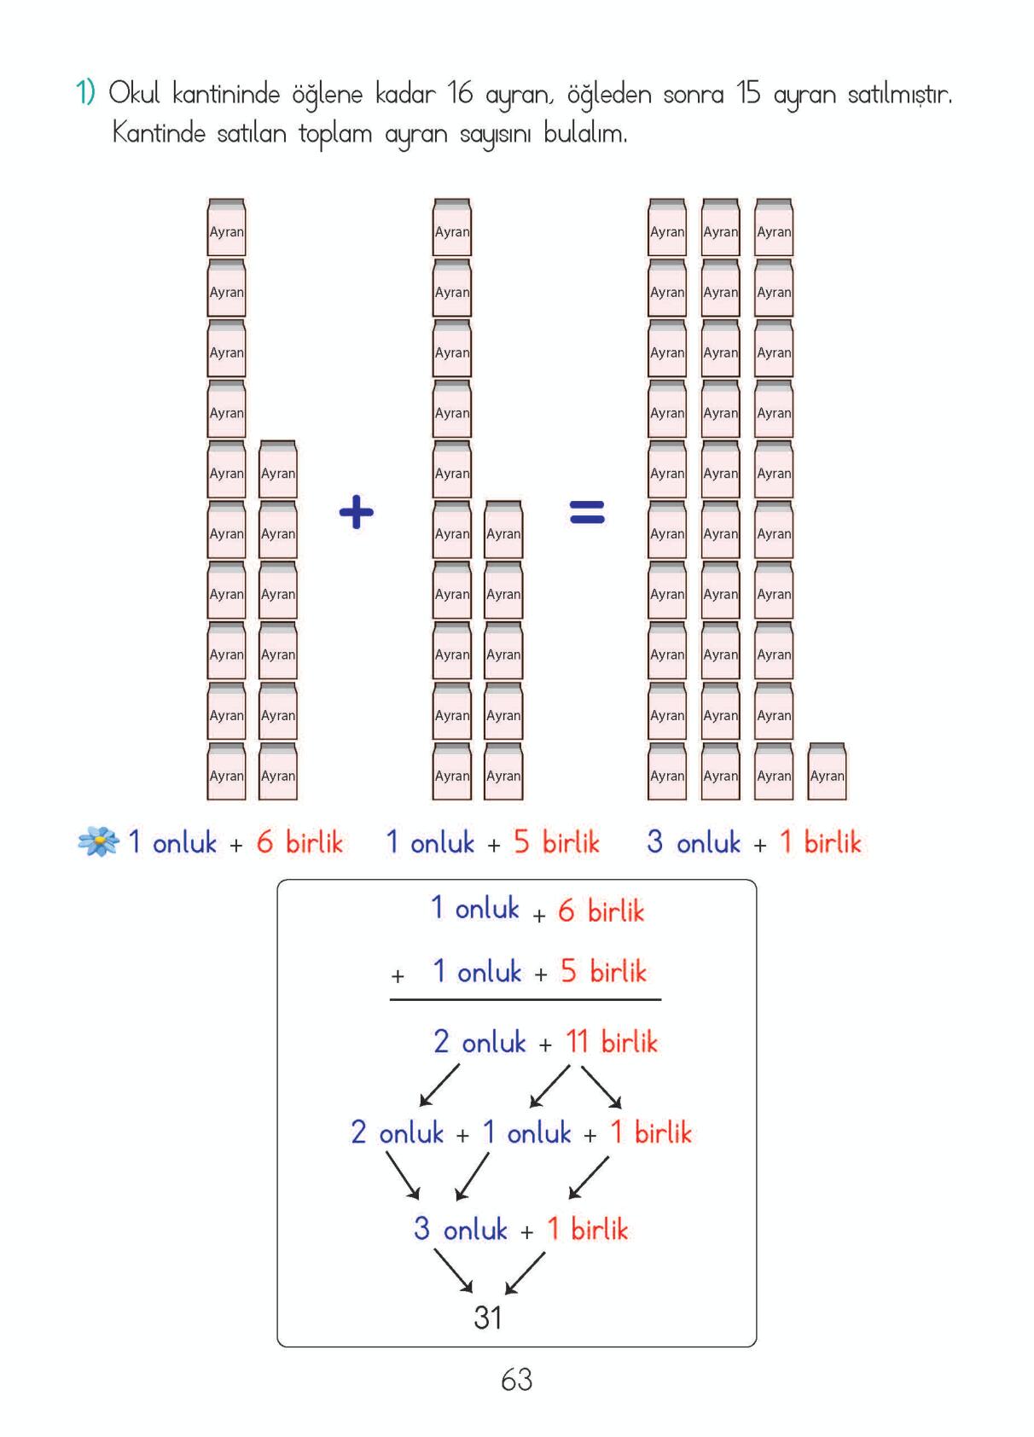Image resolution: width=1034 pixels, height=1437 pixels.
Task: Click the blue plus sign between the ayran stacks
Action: coord(357,513)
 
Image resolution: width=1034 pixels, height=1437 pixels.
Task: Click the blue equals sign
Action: coord(587,512)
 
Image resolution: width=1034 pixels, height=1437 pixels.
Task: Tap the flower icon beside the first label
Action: coord(98,842)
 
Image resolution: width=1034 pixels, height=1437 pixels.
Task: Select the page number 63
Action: coord(517,1380)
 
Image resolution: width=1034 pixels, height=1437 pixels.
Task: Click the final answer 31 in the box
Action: coord(488,1318)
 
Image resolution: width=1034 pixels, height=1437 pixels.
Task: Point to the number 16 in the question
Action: coord(459,94)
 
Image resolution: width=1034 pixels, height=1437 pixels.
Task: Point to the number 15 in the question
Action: coord(748,94)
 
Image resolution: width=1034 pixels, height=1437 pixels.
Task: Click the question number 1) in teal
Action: coord(85,93)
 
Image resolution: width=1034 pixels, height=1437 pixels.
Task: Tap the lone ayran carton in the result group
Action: coord(827,772)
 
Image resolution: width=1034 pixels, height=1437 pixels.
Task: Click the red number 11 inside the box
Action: coord(577,1042)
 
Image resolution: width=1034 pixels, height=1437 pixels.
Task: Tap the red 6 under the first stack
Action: coord(265,842)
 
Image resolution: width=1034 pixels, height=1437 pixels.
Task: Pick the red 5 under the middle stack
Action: coord(521,842)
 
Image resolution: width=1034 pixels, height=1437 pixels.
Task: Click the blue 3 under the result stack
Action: coord(654,842)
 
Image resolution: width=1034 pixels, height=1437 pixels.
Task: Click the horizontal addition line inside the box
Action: coord(526,999)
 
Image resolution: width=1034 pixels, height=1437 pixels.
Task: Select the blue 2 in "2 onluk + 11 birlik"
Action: coord(441,1042)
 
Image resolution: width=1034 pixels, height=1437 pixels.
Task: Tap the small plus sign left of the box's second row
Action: coord(398,975)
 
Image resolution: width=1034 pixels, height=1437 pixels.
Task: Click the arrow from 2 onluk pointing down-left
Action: coord(439,1085)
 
